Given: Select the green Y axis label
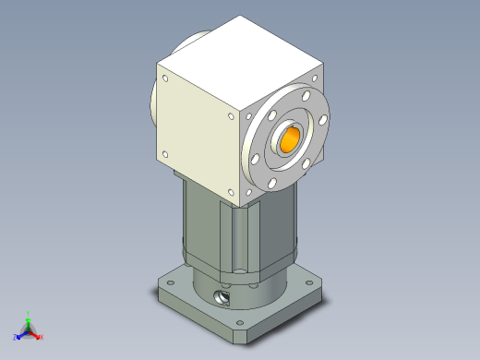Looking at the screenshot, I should pos(30,313).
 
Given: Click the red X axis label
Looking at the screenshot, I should pos(42,337).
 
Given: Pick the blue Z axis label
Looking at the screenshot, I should pos(16,337).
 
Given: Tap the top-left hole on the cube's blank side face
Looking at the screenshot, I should pos(163,80).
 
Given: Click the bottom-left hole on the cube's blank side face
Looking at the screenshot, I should pos(165,153).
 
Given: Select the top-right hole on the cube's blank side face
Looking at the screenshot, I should pos(231,117).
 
